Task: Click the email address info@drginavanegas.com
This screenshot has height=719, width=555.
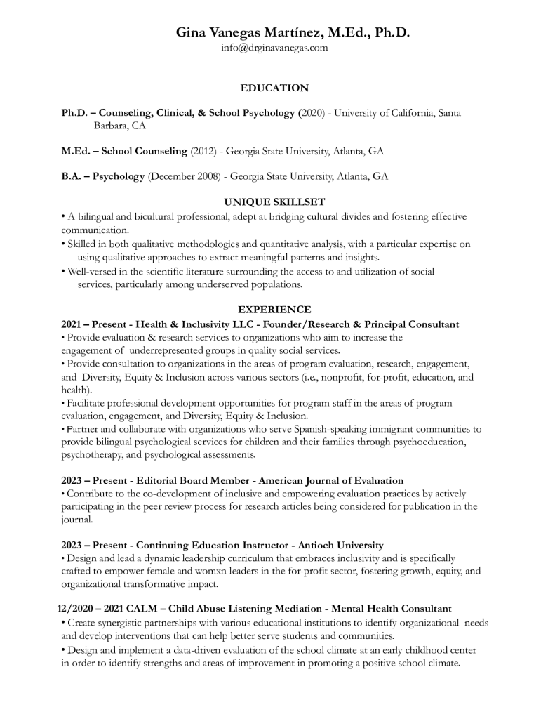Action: (x=274, y=48)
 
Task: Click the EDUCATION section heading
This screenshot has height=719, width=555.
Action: (x=274, y=88)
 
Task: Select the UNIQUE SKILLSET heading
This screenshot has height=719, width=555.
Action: (x=274, y=202)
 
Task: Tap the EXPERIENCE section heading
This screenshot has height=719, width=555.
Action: (x=274, y=309)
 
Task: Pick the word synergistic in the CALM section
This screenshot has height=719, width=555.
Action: (x=123, y=623)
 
